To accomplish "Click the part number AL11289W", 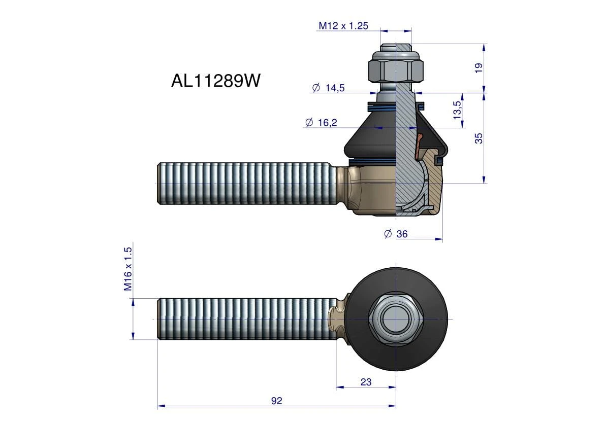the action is tap(216, 81).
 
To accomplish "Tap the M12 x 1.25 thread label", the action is tap(343, 26).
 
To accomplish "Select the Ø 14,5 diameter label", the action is tap(328, 88).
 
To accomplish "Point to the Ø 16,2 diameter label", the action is tap(321, 123).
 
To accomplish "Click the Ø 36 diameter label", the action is tap(396, 234).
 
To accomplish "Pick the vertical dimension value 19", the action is tap(479, 68).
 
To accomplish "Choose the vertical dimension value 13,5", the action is tap(457, 110).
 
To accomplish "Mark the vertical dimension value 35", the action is tap(479, 138).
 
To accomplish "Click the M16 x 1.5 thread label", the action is tap(128, 269).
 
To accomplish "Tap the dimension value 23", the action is tap(366, 382).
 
